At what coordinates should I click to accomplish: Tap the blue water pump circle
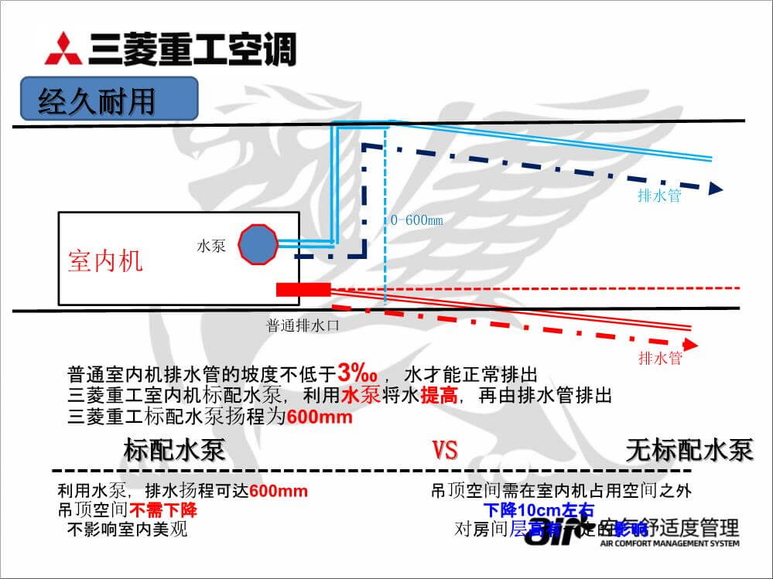tap(257, 244)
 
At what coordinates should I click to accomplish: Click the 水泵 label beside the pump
tap(211, 247)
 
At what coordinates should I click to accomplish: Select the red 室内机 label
tap(105, 261)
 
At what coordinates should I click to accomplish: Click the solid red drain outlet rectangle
tap(303, 289)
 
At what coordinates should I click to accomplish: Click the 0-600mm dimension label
tap(416, 221)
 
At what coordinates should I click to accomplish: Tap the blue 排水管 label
tap(659, 196)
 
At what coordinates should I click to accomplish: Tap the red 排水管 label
tap(660, 358)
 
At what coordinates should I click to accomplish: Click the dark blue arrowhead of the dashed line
tap(717, 187)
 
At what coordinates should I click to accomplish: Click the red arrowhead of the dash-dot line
tap(693, 343)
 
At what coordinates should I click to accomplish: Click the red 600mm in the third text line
tap(320, 417)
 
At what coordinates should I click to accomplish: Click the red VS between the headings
tap(445, 450)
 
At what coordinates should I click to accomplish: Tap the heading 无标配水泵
tap(689, 450)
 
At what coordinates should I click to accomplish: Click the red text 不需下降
tap(163, 510)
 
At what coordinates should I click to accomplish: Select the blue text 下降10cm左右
tap(539, 510)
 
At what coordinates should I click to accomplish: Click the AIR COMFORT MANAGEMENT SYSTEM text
tap(670, 543)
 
